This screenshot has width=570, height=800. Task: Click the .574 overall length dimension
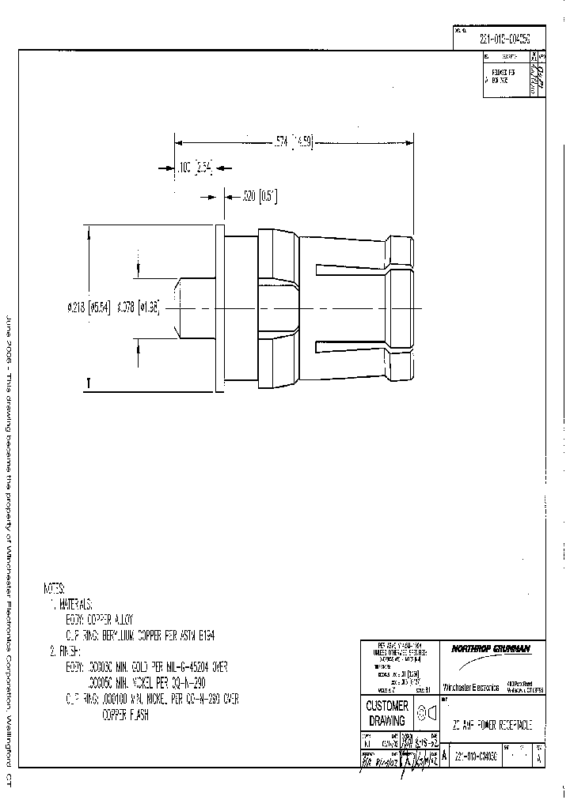coord(293,142)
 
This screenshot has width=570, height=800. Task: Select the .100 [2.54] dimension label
coord(194,168)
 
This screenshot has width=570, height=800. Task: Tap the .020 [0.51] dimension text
coord(260,194)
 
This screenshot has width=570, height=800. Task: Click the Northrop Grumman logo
coord(491,649)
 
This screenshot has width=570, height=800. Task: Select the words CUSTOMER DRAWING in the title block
coord(388,713)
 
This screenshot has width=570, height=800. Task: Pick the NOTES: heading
coord(55,589)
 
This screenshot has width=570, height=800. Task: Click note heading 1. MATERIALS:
coord(73,604)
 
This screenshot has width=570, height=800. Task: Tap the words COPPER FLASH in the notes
coord(125,715)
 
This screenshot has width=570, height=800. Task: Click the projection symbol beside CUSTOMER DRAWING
coord(427,713)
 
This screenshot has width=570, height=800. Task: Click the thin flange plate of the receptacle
coord(218,307)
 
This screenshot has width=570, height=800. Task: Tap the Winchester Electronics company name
coord(470,688)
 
